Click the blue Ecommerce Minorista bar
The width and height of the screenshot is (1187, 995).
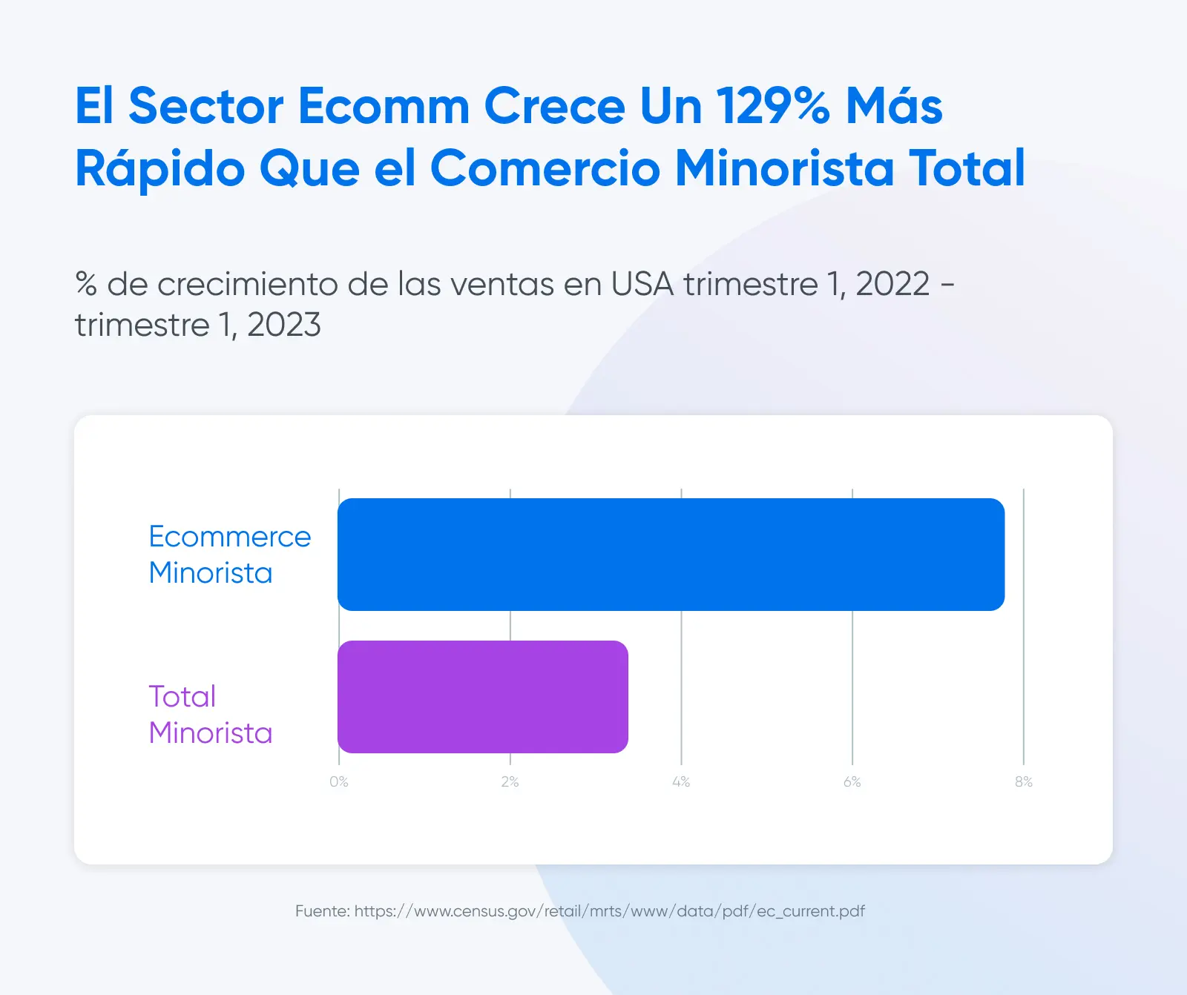tap(671, 555)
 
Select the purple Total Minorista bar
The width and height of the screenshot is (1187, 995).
tap(483, 697)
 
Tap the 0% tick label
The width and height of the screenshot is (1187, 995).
tap(339, 781)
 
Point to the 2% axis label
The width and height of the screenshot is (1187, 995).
tap(510, 781)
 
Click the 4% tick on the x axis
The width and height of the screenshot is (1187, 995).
tap(681, 781)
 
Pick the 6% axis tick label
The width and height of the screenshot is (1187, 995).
tap(852, 781)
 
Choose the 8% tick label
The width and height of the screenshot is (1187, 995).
tap(1024, 781)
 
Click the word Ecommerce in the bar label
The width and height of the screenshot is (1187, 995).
tap(230, 537)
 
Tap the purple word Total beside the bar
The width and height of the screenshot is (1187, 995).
tap(183, 697)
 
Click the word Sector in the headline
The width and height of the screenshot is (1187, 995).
tap(206, 105)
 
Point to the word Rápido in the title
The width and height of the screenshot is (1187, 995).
tap(160, 168)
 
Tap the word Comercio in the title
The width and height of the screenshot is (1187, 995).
tap(545, 168)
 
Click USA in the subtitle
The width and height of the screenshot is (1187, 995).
tap(642, 284)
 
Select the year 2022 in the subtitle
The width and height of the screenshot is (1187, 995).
tap(892, 284)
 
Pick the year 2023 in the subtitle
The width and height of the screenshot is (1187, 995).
tap(284, 325)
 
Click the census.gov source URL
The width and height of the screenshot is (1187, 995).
tap(610, 911)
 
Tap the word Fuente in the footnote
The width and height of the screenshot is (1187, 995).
tap(323, 911)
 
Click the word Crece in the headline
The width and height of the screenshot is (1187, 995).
tap(555, 105)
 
